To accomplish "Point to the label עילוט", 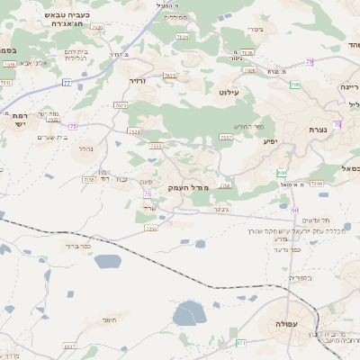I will pos(229,92).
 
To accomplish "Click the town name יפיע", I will pos(270,141).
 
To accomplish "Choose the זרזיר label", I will pos(138,82).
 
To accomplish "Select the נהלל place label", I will pos(86,148).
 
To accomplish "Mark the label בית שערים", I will pos(55,137).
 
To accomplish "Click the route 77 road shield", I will pos(67,83).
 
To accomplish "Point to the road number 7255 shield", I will pos(151,229).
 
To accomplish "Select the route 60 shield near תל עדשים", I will pos(295,210).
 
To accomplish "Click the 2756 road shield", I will pos(225,185).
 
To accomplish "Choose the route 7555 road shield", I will pos(156,146).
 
